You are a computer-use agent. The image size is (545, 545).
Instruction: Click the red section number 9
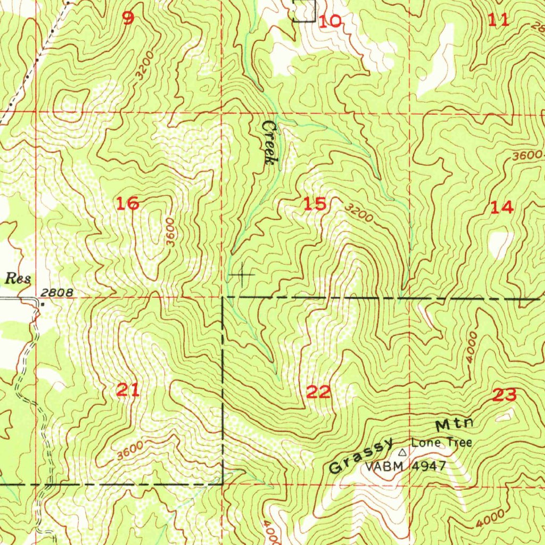pyautogui.click(x=128, y=19)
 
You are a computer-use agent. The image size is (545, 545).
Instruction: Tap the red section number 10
pyautogui.click(x=331, y=21)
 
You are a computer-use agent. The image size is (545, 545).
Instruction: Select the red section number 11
pyautogui.click(x=499, y=20)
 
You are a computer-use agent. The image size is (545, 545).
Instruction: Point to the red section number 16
pyautogui.click(x=128, y=203)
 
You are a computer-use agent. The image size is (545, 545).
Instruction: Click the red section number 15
pyautogui.click(x=315, y=204)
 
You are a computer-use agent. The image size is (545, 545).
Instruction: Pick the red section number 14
pyautogui.click(x=502, y=207)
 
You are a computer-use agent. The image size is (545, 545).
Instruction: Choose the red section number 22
pyautogui.click(x=319, y=392)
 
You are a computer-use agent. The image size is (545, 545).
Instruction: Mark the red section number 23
pyautogui.click(x=504, y=395)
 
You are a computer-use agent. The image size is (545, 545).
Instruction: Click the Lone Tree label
pyautogui.click(x=441, y=443)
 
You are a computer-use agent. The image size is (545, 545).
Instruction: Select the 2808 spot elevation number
pyautogui.click(x=55, y=293)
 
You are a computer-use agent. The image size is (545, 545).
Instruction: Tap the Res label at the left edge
pyautogui.click(x=19, y=278)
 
